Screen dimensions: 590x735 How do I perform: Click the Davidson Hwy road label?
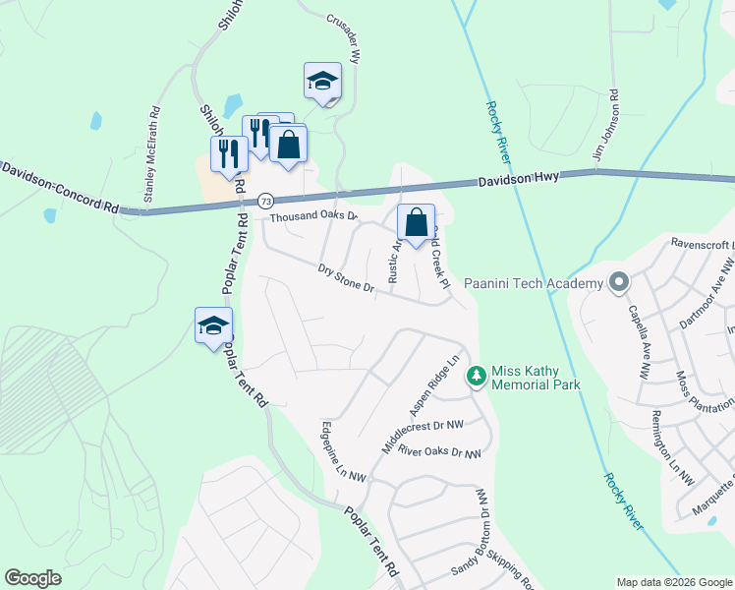[519, 180]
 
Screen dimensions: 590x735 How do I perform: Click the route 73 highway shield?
[266, 201]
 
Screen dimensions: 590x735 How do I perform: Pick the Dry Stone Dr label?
[347, 277]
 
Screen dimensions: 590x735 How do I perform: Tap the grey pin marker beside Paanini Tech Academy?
[618, 283]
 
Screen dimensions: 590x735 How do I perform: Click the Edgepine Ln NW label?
[343, 451]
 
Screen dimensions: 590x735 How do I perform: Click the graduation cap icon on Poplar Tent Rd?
[213, 326]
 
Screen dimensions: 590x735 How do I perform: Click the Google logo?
[33, 578]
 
